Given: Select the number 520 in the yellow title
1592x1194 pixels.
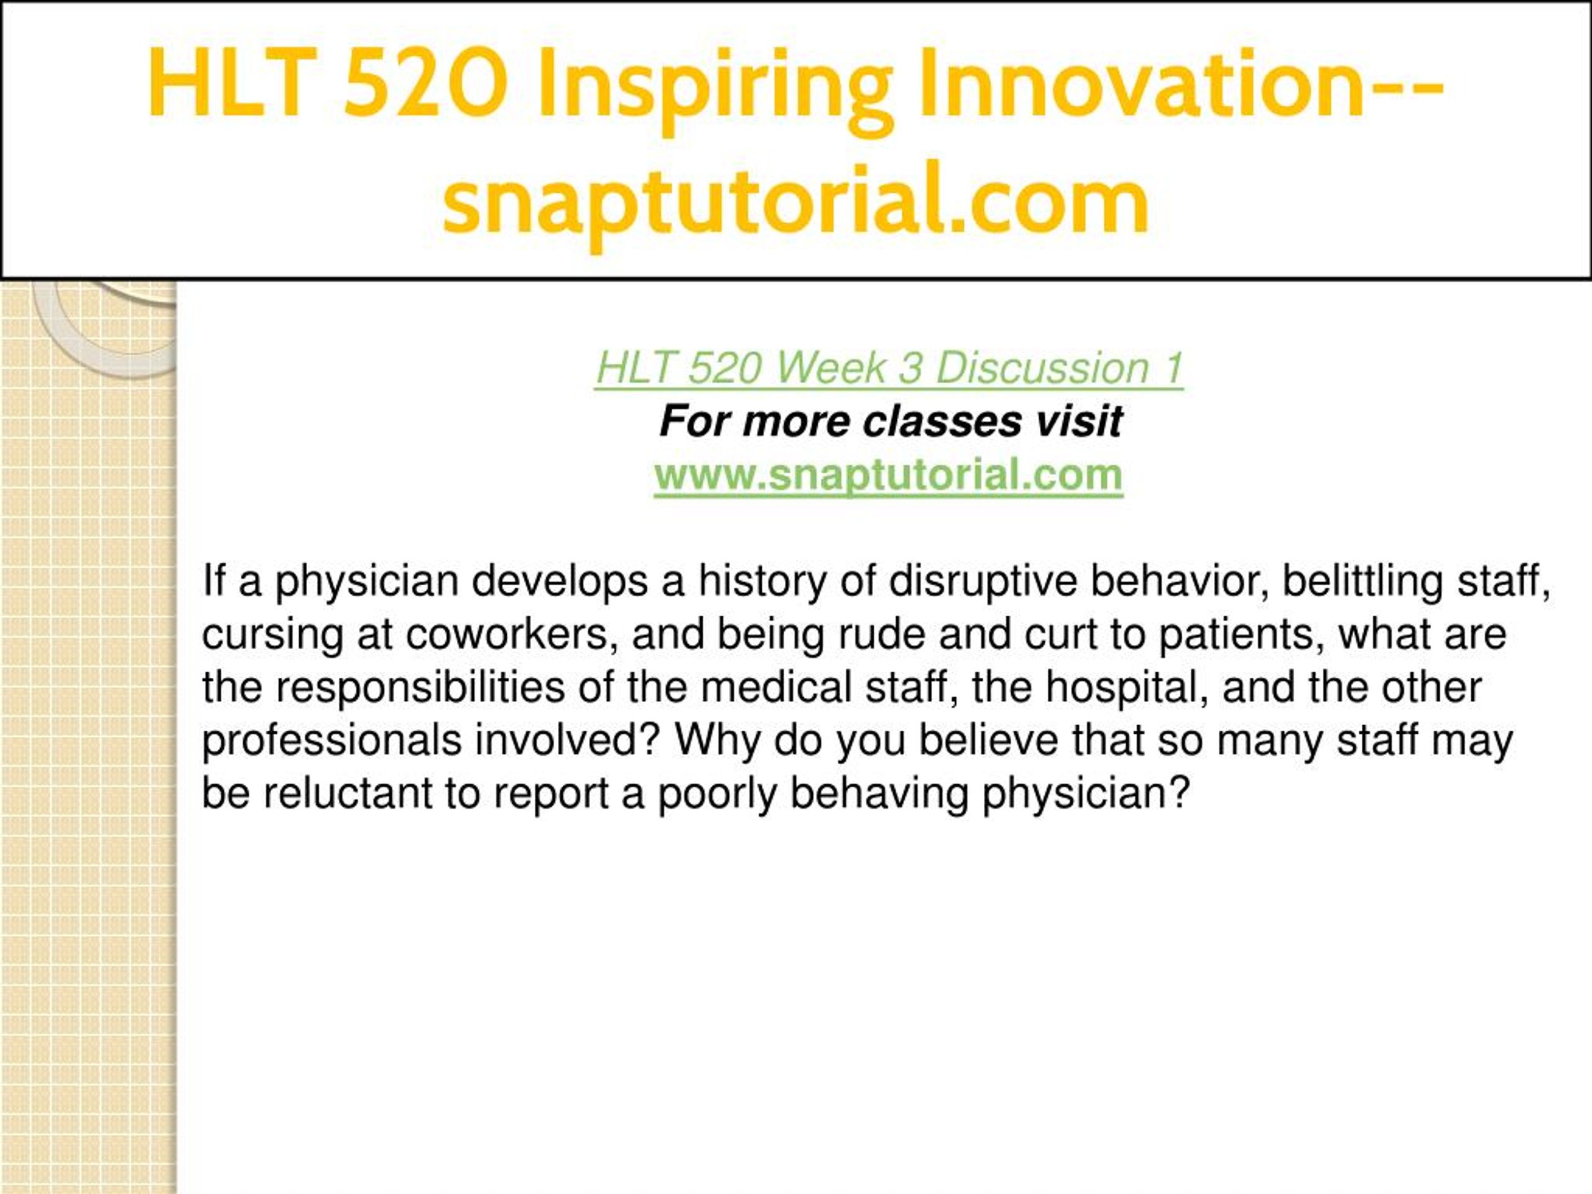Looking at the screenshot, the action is click(x=425, y=82).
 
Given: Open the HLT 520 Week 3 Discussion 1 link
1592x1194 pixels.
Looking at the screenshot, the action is click(x=889, y=369).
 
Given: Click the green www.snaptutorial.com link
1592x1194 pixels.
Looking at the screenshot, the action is click(x=888, y=476).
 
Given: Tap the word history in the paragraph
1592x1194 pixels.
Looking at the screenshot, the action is click(x=762, y=581).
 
